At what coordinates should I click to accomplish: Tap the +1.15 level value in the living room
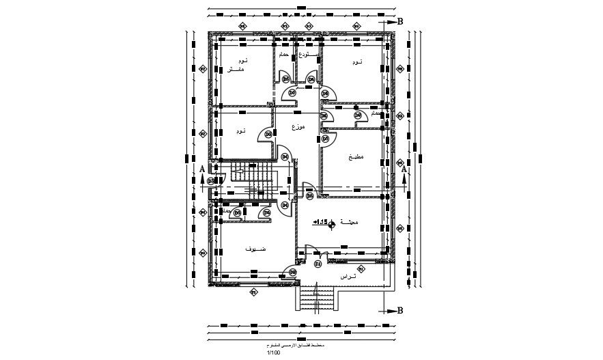320,222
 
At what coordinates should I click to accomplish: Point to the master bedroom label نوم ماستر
236,66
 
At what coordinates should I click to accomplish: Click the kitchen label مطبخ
356,157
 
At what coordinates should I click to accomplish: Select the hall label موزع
298,128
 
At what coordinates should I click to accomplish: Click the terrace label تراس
348,276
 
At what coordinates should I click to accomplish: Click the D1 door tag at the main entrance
318,264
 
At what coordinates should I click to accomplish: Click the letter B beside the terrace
400,311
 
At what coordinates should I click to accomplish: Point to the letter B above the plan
400,21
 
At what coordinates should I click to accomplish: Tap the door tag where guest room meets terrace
293,273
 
